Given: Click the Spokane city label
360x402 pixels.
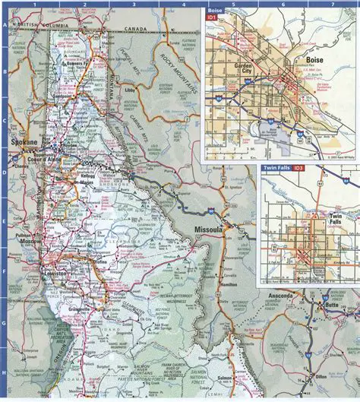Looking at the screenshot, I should tap(20, 141).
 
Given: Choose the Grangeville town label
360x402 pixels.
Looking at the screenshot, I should tap(80, 309).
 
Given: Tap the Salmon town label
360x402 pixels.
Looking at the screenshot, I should tap(224, 377).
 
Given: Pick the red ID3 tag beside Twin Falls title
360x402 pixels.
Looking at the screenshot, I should tap(298, 167).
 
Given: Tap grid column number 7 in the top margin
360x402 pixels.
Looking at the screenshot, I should tap(331, 4).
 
